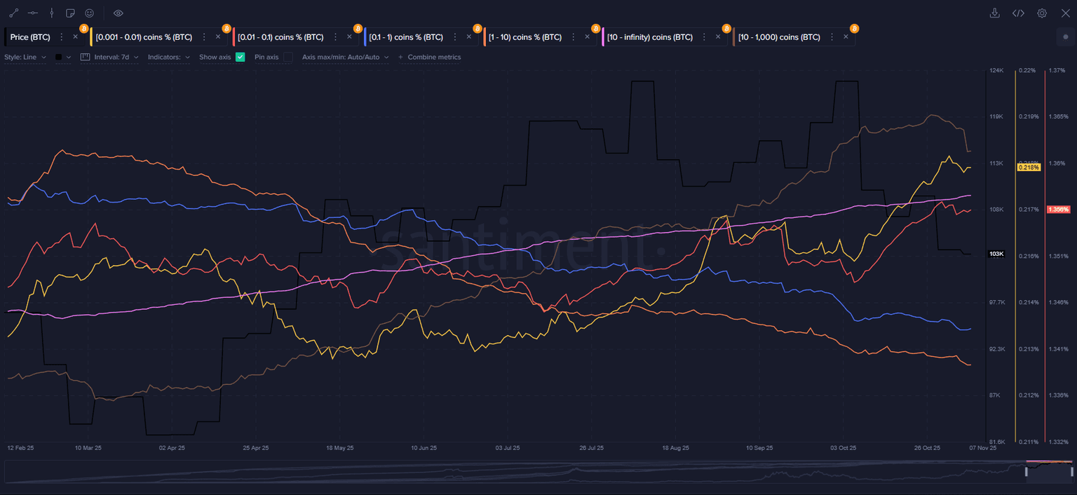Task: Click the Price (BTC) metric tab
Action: [30, 37]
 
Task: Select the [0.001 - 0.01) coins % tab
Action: [144, 37]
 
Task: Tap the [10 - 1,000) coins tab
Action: [779, 37]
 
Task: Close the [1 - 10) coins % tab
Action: [587, 37]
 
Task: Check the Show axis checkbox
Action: [241, 57]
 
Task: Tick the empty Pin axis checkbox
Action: [287, 57]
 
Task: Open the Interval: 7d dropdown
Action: [116, 57]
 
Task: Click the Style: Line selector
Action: [25, 57]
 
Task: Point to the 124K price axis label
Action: [996, 71]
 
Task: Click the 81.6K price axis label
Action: [996, 442]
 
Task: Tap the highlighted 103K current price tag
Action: [996, 254]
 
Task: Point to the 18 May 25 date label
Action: [340, 447]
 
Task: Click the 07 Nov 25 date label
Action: [983, 447]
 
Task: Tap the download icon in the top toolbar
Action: [994, 13]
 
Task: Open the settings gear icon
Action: [1042, 13]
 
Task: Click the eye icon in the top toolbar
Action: [118, 13]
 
